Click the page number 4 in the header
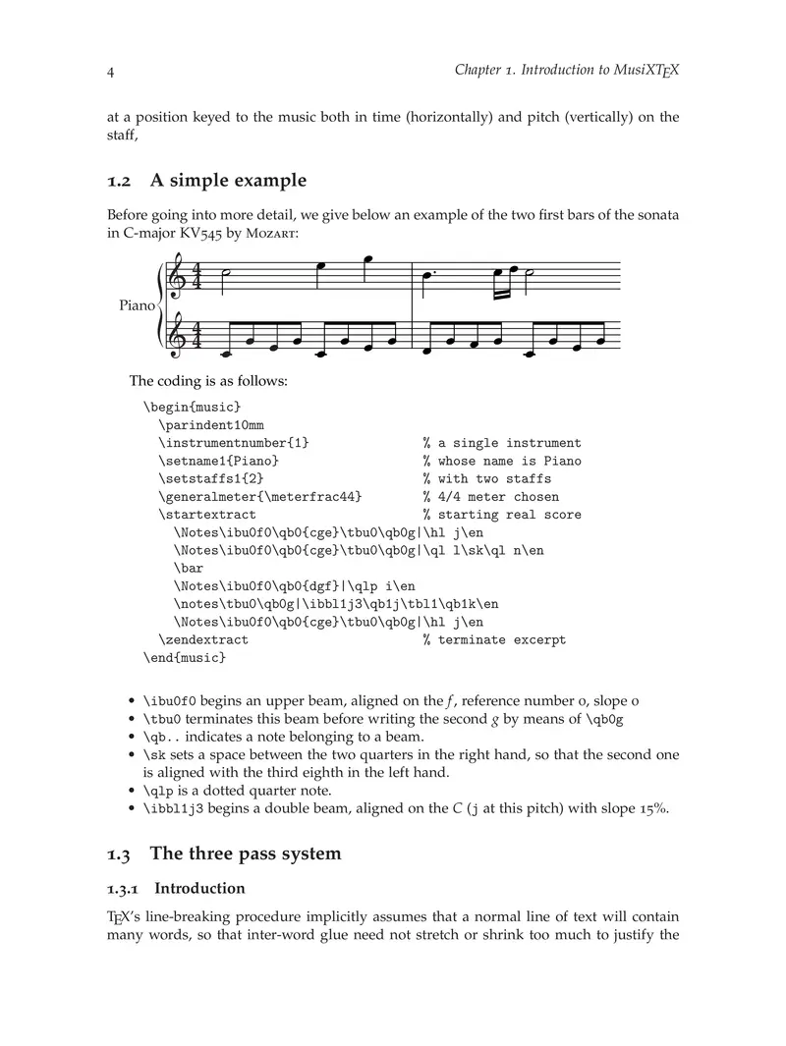coord(111,73)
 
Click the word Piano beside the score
coord(137,305)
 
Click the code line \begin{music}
coord(192,407)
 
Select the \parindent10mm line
coord(211,424)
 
